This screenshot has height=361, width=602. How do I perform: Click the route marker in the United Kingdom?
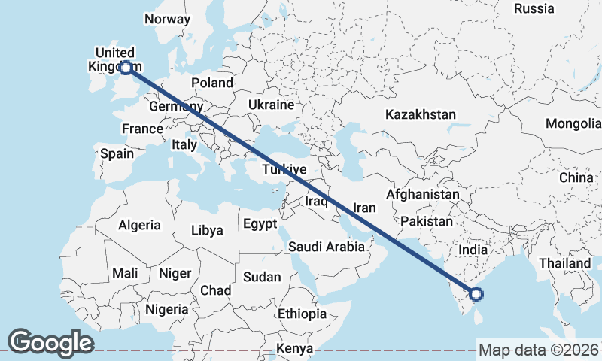126,68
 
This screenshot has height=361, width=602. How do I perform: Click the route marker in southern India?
476,295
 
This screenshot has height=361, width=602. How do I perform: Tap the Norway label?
168,19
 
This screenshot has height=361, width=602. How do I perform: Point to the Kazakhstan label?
421,114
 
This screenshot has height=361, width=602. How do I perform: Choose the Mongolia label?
573,123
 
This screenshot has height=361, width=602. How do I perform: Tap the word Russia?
534,8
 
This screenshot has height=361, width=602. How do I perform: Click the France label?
142,129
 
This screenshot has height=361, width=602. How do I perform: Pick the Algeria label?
139,225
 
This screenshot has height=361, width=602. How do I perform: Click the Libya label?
207,230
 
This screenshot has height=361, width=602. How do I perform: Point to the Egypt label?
260,224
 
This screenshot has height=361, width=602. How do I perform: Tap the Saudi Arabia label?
326,247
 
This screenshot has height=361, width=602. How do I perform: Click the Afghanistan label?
422,194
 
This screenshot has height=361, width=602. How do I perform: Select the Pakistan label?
427,221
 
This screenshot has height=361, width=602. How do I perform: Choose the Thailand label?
564,264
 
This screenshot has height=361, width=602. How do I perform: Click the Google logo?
50,342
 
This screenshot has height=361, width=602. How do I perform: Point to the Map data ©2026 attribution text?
539,350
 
